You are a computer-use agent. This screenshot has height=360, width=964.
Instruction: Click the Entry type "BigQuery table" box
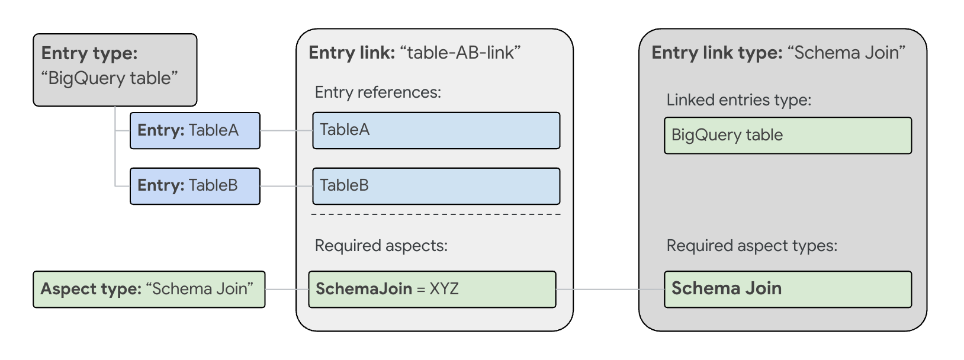pyautogui.click(x=115, y=70)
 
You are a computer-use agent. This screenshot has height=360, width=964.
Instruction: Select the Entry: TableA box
pyautogui.click(x=195, y=130)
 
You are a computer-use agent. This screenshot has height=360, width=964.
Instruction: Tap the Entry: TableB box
pyautogui.click(x=195, y=186)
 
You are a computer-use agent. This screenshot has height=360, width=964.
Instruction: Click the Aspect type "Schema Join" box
pyautogui.click(x=149, y=289)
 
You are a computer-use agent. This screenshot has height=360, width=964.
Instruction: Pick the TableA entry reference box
pyautogui.click(x=436, y=130)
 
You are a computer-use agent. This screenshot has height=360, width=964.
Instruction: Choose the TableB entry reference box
pyautogui.click(x=436, y=186)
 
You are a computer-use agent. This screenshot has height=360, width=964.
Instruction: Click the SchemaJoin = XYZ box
pyautogui.click(x=432, y=289)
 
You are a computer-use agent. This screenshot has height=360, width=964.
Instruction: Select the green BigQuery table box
pyautogui.click(x=788, y=136)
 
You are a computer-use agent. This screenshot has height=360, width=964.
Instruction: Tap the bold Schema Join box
pyautogui.click(x=788, y=289)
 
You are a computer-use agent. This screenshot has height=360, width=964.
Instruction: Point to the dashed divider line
pyautogui.click(x=436, y=214)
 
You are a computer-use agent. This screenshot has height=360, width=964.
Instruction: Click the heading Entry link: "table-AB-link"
pyautogui.click(x=414, y=53)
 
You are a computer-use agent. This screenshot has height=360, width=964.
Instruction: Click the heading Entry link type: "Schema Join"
pyautogui.click(x=778, y=53)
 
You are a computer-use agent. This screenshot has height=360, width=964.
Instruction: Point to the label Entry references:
pyautogui.click(x=378, y=92)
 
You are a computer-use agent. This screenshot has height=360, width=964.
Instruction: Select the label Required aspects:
pyautogui.click(x=381, y=246)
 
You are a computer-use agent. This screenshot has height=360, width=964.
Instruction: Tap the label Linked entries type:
pyautogui.click(x=738, y=100)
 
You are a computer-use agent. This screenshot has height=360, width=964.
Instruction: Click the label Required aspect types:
pyautogui.click(x=751, y=246)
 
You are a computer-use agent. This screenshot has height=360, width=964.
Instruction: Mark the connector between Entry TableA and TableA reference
pyautogui.click(x=286, y=130)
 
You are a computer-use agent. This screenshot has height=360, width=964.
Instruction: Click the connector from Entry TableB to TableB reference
pyautogui.click(x=286, y=186)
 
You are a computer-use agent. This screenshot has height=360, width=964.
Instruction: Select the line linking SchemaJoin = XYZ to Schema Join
pyautogui.click(x=610, y=290)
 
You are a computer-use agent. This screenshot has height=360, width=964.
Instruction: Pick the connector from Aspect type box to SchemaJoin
pyautogui.click(x=287, y=290)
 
